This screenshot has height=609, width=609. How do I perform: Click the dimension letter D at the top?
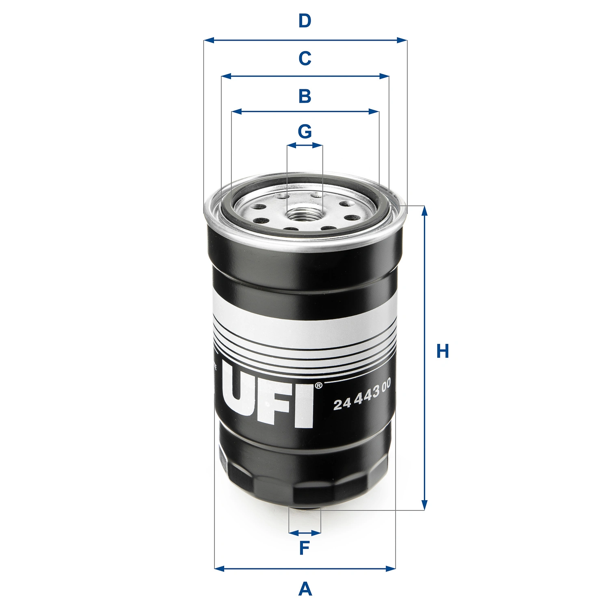(304, 21)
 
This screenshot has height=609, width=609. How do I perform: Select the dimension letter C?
(304, 58)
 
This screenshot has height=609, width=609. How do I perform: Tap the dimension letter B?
(304, 96)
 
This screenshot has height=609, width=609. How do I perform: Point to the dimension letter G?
(304, 132)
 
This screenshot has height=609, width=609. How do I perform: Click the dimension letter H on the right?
(443, 351)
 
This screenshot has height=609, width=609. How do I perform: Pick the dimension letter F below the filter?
(304, 548)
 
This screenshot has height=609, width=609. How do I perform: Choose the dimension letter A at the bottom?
(305, 589)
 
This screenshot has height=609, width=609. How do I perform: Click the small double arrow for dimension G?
(304, 145)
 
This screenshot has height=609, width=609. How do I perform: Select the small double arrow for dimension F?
(304, 533)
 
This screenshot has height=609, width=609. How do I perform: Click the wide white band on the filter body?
(304, 313)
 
